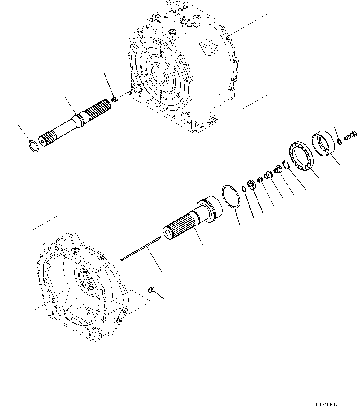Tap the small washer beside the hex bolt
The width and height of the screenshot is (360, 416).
pos(339,142)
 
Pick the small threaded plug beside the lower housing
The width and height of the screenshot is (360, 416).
pos(151,290)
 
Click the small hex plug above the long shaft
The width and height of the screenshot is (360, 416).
pos(114,100)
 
